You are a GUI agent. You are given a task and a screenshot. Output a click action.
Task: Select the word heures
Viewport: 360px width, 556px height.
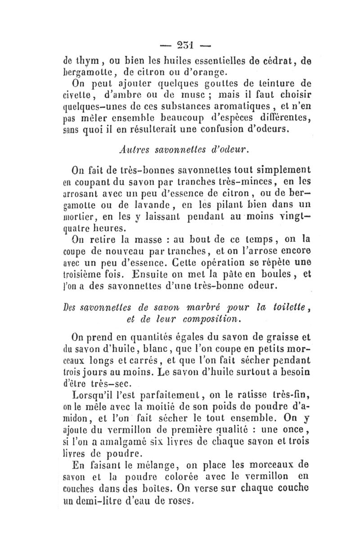[x=112, y=230]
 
